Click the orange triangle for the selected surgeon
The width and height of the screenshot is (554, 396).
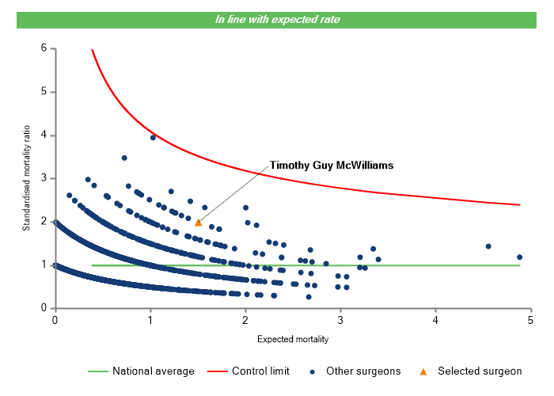click(x=198, y=223)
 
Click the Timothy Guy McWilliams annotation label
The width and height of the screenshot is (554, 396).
click(x=332, y=166)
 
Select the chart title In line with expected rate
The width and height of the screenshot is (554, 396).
click(x=277, y=19)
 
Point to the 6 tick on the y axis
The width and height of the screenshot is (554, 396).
click(x=44, y=48)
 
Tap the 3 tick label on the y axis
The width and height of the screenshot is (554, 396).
click(x=44, y=178)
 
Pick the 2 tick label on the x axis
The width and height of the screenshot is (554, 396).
click(x=245, y=320)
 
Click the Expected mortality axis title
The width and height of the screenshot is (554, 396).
click(x=293, y=339)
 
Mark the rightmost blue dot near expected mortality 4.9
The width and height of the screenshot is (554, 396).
click(x=520, y=257)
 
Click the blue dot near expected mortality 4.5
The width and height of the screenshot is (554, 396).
click(x=488, y=246)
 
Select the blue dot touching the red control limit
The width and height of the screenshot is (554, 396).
click(x=153, y=137)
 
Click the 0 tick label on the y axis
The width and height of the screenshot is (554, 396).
click(x=44, y=308)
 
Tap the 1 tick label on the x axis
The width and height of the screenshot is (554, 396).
click(x=150, y=320)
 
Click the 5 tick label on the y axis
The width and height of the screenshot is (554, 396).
click(x=44, y=92)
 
